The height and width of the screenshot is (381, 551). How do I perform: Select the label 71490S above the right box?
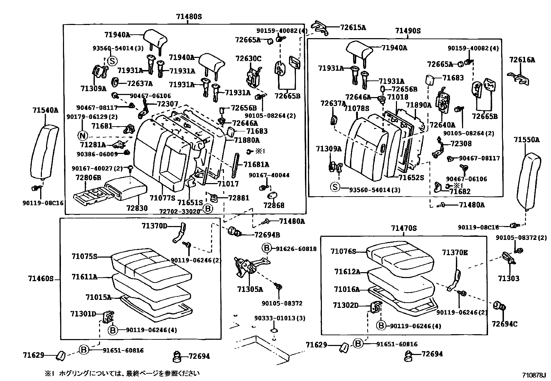pyautogui.click(x=408, y=31)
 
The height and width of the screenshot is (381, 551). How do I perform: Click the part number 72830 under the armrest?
pyautogui.click(x=137, y=208)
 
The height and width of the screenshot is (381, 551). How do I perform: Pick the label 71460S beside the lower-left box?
pyautogui.click(x=41, y=278)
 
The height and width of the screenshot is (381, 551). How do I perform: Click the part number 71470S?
pyautogui.click(x=404, y=228)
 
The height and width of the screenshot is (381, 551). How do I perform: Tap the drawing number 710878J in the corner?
pyautogui.click(x=534, y=375)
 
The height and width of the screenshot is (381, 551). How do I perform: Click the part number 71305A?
pyautogui.click(x=250, y=289)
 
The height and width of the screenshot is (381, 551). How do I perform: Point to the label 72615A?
pyautogui.click(x=353, y=28)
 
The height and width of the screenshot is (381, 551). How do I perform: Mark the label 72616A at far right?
pyautogui.click(x=522, y=60)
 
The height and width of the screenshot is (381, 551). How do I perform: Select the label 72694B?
pyautogui.click(x=267, y=235)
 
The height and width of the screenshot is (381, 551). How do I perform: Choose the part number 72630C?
pyautogui.click(x=249, y=58)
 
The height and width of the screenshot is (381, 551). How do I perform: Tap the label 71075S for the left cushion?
pyautogui.click(x=84, y=257)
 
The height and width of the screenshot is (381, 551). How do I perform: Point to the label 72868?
pyautogui.click(x=273, y=205)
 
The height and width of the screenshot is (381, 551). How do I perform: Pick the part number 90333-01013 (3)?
pyautogui.click(x=280, y=318)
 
